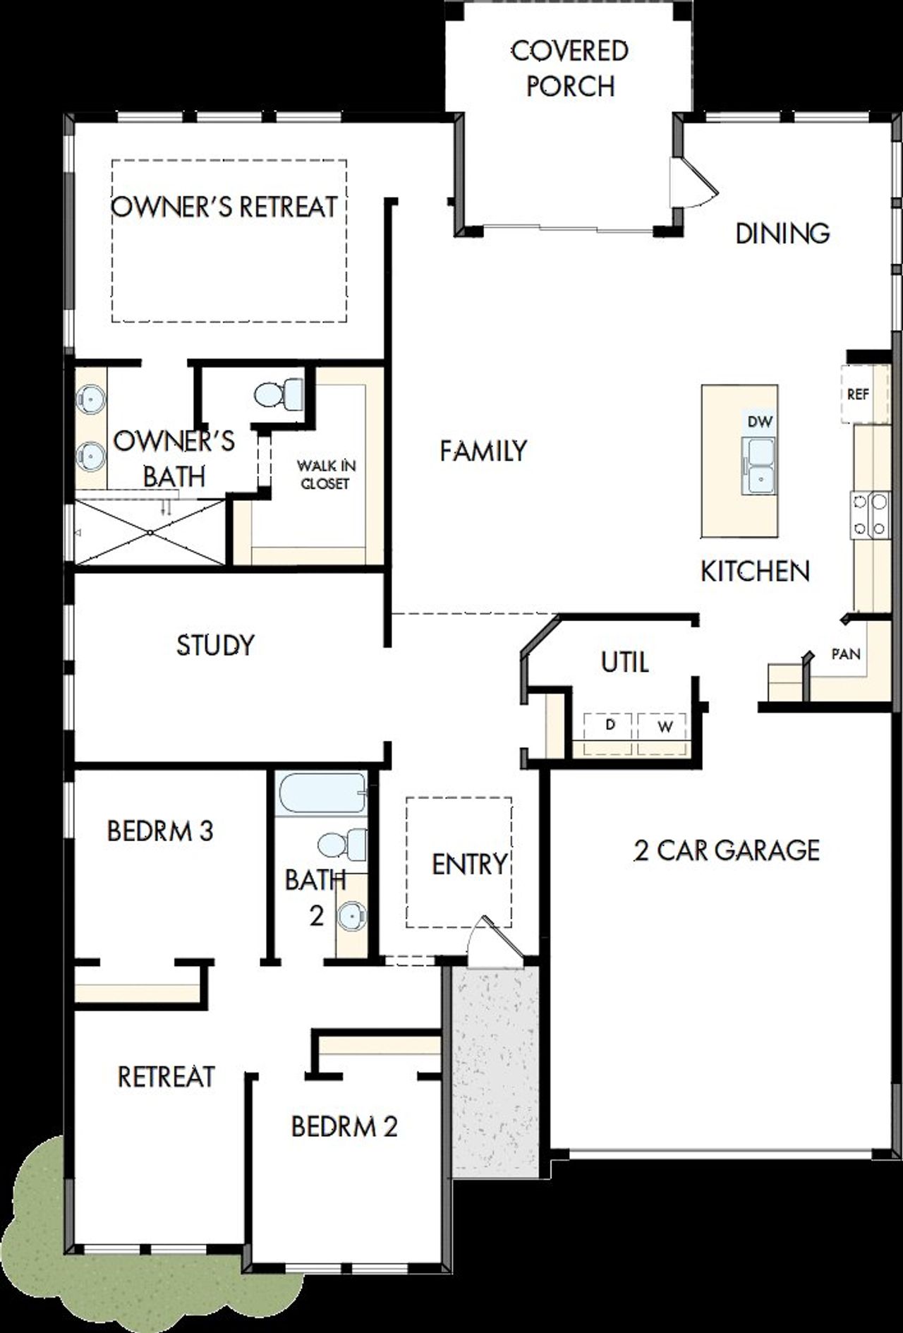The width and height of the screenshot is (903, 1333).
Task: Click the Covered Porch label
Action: click(569, 68)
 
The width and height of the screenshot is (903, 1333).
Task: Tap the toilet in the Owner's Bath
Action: click(277, 394)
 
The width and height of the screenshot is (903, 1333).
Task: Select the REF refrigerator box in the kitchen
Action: click(857, 394)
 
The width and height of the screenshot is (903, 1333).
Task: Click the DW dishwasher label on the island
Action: click(760, 422)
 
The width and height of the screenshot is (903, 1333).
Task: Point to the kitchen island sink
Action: click(760, 466)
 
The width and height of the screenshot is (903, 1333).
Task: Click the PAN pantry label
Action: click(845, 654)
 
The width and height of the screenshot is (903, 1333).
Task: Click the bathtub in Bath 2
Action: click(322, 794)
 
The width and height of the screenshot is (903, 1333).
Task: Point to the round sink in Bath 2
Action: click(352, 916)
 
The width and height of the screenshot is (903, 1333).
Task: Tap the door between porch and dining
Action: click(691, 182)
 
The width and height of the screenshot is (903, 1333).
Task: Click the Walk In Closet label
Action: click(325, 474)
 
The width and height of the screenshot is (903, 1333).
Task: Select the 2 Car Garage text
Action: click(727, 850)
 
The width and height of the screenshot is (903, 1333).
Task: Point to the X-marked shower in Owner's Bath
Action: click(150, 532)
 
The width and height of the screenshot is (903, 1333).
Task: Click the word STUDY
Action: click(215, 645)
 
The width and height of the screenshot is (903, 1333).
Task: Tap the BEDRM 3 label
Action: click(160, 831)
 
